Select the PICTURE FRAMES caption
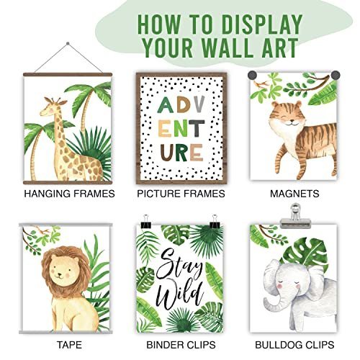[181, 194]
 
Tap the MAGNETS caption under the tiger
[293, 194]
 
